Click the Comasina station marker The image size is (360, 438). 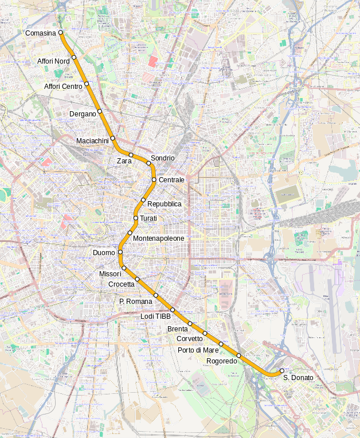(x=61, y=33)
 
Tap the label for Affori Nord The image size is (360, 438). (x=53, y=61)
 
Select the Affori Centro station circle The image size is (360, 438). (x=87, y=84)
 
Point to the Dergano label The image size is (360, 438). (x=83, y=114)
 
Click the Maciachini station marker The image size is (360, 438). (x=113, y=138)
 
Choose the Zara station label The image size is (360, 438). (x=124, y=161)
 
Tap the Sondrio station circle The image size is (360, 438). (x=148, y=163)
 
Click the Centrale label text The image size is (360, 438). (x=171, y=180)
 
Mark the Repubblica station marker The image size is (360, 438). (x=143, y=200)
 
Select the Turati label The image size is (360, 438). (x=148, y=218)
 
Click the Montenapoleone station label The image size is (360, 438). (x=159, y=238)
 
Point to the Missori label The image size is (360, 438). (x=110, y=273)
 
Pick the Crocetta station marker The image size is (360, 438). (x=138, y=279)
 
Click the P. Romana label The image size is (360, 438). (x=136, y=302)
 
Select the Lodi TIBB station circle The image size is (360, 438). (x=172, y=310)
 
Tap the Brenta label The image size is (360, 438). (x=177, y=329)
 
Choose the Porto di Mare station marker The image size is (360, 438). (x=221, y=344)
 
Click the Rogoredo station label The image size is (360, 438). (x=221, y=361)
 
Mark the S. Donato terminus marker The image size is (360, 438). (x=282, y=371)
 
